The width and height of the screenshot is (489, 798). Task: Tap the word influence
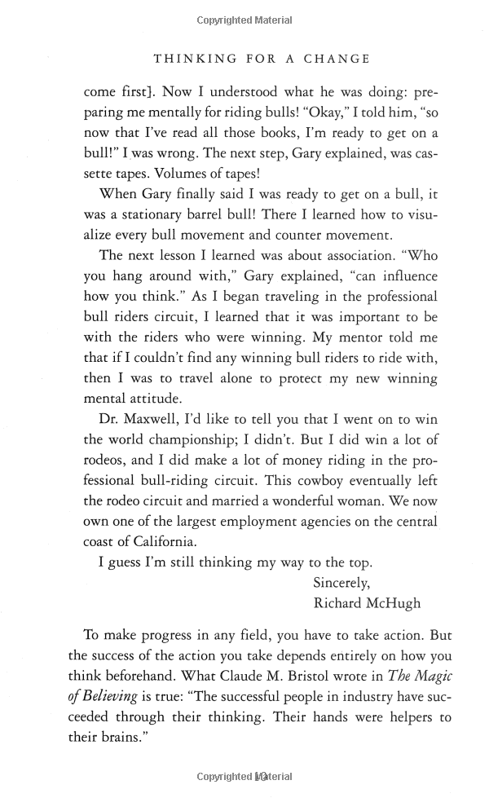(407, 276)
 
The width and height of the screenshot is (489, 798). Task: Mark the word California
(184, 541)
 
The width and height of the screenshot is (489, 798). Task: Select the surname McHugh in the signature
(396, 603)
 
